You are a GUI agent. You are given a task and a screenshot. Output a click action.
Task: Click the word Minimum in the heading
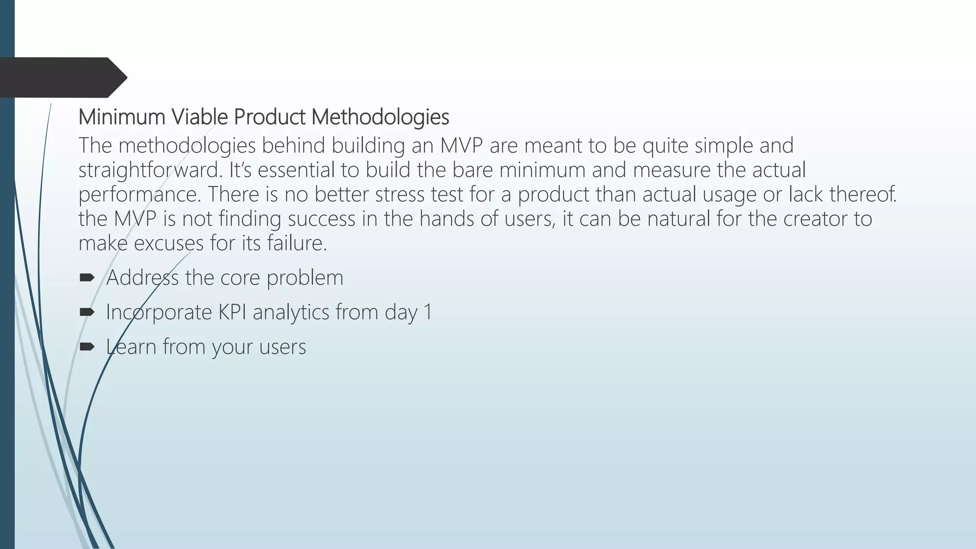coord(122,117)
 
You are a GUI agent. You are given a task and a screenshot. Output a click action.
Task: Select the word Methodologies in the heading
coord(380,117)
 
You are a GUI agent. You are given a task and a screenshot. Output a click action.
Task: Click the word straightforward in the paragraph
coord(150,170)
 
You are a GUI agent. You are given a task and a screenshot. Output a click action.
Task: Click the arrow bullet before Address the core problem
coord(87,277)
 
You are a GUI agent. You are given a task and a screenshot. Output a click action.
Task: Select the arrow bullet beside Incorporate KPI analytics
coord(87,312)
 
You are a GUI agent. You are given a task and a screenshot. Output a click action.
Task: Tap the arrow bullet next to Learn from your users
coord(87,346)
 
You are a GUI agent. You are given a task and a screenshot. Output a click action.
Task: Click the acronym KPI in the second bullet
coord(232,312)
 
